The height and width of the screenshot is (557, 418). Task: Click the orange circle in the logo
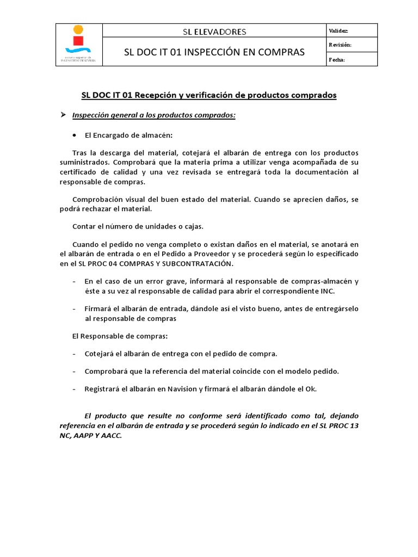[x=79, y=29]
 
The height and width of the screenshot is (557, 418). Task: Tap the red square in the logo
[x=79, y=41]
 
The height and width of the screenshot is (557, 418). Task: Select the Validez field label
[x=339, y=30]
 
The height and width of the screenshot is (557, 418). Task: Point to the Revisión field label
[x=340, y=45]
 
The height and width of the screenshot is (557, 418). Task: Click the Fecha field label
[x=337, y=59]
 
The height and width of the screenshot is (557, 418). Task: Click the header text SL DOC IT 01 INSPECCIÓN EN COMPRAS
[x=214, y=52]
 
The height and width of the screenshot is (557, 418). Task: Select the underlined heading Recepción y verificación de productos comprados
[x=209, y=95]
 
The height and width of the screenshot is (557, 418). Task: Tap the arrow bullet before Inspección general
[x=63, y=115]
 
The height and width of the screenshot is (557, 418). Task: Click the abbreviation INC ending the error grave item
[x=327, y=291]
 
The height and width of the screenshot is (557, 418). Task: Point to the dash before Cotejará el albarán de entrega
[x=74, y=354]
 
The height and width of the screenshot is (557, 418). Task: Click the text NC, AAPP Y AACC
[x=91, y=435]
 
